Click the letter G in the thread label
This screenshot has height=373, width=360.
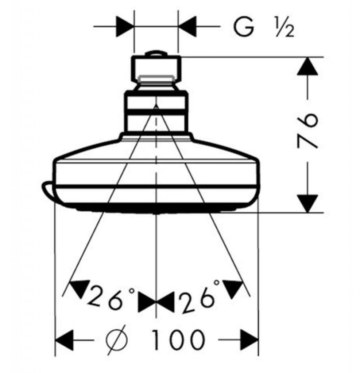244,27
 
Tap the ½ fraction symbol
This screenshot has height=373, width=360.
285,28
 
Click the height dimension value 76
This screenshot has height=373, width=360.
307,130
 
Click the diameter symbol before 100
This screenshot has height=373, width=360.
117,340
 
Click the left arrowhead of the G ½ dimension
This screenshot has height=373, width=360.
125,27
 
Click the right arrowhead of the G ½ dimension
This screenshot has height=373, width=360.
187,27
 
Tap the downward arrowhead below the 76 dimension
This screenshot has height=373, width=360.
308,203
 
